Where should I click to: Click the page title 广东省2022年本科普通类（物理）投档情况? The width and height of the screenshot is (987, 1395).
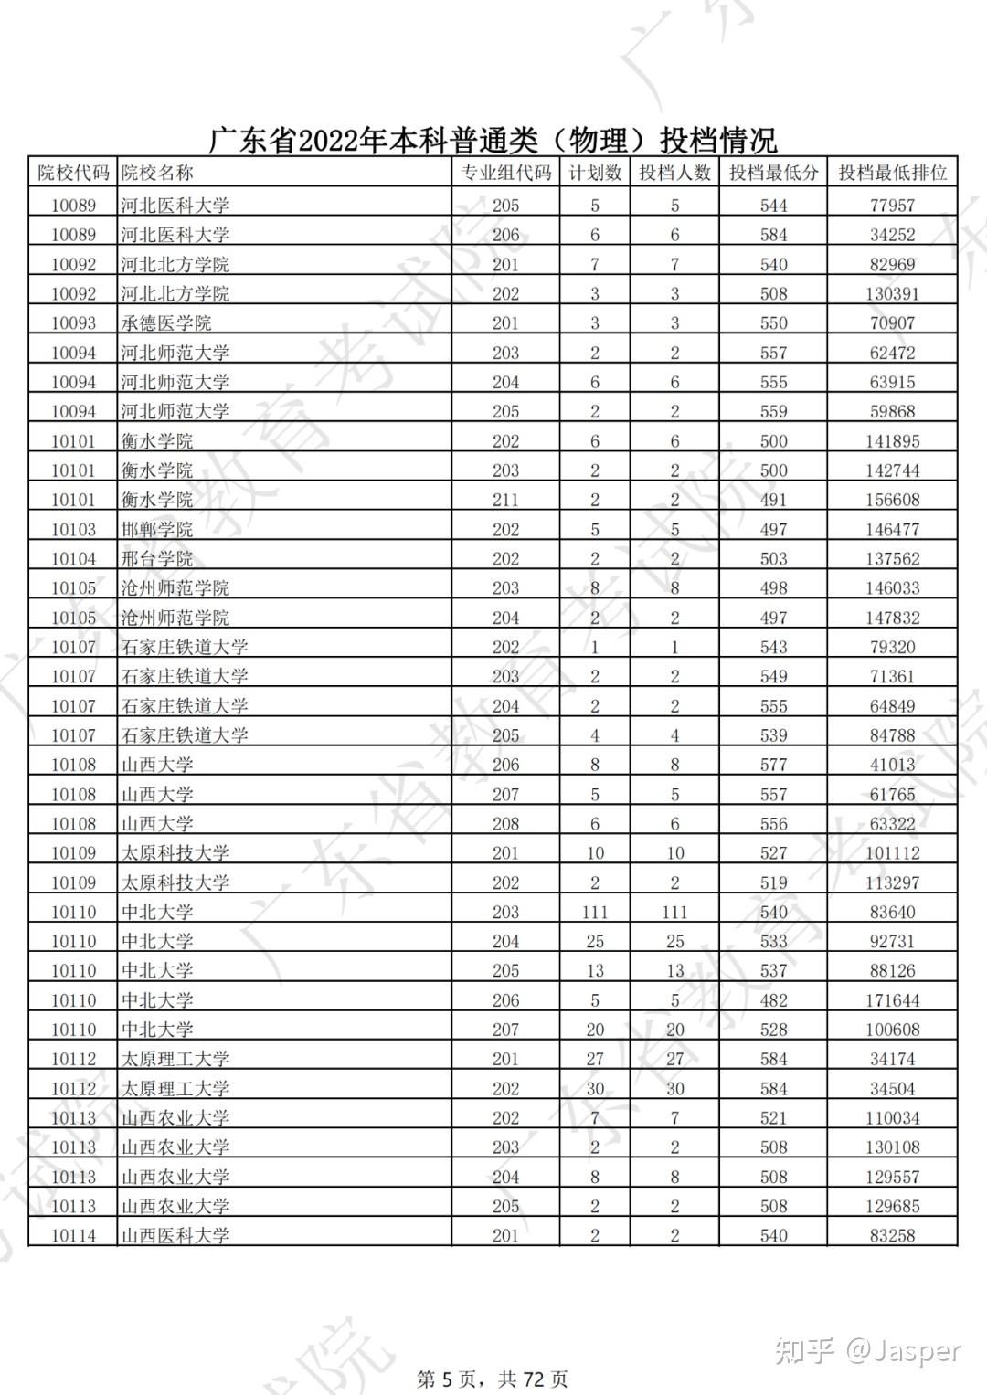pyautogui.click(x=493, y=141)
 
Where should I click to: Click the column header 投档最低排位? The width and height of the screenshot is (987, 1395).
pyautogui.click(x=892, y=173)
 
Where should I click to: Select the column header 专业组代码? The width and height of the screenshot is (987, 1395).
pyautogui.click(x=505, y=173)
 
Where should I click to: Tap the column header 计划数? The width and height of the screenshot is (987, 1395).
pyautogui.click(x=595, y=173)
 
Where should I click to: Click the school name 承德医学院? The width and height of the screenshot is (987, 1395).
pyautogui.click(x=166, y=323)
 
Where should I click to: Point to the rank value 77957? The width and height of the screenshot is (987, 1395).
pyautogui.click(x=892, y=206)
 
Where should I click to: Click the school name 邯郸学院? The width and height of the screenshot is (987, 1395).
pyautogui.click(x=157, y=530)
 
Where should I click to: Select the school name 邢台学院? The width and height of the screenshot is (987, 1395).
pyautogui.click(x=157, y=559)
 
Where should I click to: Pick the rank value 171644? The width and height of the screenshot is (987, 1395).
pyautogui.click(x=892, y=1000)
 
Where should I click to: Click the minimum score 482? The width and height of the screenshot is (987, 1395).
pyautogui.click(x=773, y=1000)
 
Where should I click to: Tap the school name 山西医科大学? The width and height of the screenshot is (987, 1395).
pyautogui.click(x=175, y=1236)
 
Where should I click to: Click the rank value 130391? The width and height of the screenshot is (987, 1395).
pyautogui.click(x=892, y=294)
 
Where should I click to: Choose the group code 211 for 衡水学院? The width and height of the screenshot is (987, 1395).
pyautogui.click(x=505, y=501)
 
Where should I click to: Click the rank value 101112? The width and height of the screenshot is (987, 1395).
pyautogui.click(x=892, y=853)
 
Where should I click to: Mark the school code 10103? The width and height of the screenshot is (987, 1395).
pyautogui.click(x=73, y=530)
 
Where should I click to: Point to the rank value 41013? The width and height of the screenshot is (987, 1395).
pyautogui.click(x=892, y=765)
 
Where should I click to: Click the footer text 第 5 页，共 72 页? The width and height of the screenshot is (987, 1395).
pyautogui.click(x=492, y=1379)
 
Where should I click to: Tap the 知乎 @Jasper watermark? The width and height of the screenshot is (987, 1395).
pyautogui.click(x=867, y=1350)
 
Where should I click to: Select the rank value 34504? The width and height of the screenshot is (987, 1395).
pyautogui.click(x=892, y=1089)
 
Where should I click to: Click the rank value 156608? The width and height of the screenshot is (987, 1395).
pyautogui.click(x=892, y=501)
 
